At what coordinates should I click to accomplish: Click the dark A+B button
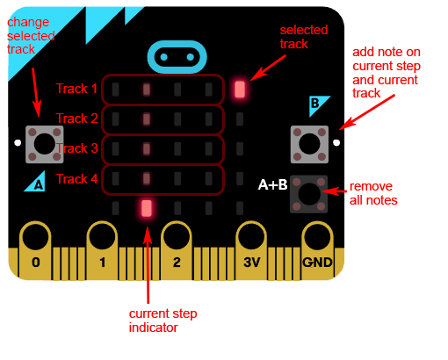(x=308, y=194)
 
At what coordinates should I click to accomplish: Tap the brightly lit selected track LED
(x=240, y=90)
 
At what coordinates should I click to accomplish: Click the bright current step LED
(x=147, y=208)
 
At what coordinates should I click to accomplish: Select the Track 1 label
(x=76, y=89)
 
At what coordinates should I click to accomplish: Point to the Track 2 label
(x=76, y=119)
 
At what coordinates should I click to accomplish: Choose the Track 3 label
(x=76, y=148)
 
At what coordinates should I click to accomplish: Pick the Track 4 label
(x=76, y=179)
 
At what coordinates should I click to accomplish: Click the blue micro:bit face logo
(x=177, y=57)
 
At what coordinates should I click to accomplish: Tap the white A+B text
(x=272, y=184)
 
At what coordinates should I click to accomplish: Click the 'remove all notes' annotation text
(x=373, y=193)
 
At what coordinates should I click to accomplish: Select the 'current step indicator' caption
(x=163, y=320)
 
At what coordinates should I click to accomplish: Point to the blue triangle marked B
(x=319, y=105)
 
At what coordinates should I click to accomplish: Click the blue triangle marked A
(x=35, y=182)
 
